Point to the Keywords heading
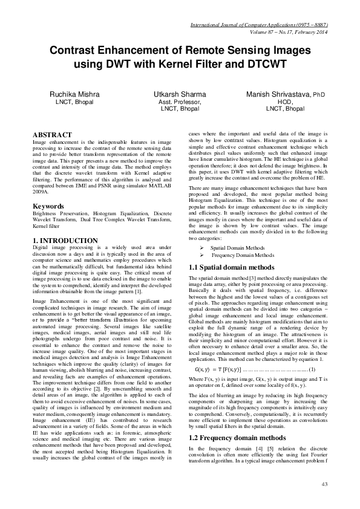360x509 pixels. click(49, 206)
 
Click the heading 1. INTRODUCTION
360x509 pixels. click(65, 241)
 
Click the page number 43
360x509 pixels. click(324, 484)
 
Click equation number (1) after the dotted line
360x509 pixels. click(312, 352)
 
